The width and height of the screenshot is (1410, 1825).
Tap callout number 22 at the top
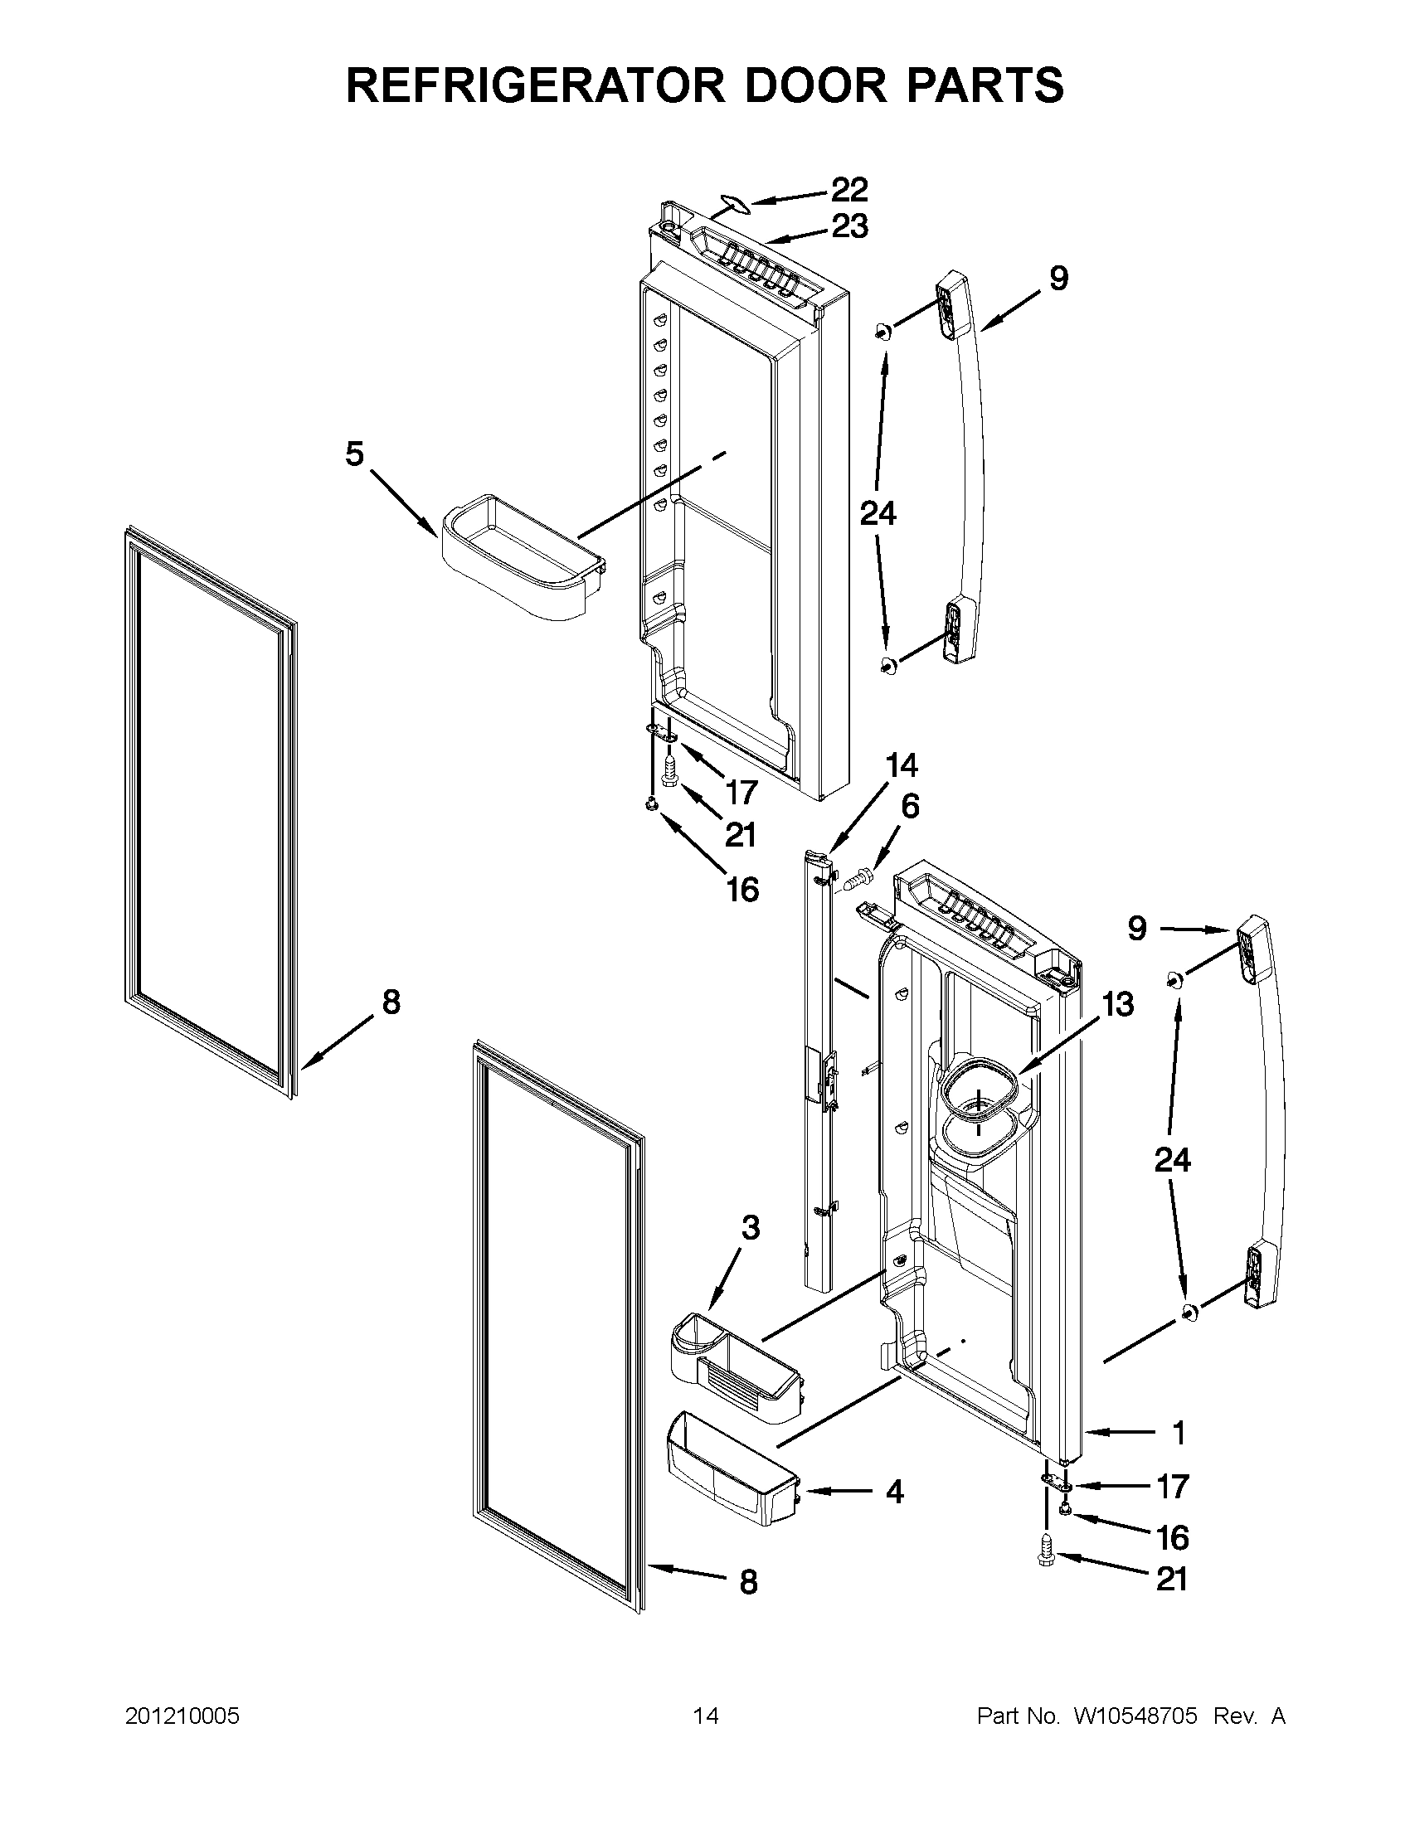(849, 190)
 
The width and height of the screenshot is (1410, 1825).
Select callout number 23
(849, 226)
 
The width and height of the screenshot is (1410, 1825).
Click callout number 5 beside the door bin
(355, 454)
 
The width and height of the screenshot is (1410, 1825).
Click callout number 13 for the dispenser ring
(1117, 1003)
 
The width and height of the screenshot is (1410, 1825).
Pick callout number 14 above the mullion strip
(902, 765)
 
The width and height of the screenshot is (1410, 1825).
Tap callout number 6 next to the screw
(909, 807)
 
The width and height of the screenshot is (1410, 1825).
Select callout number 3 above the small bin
(751, 1227)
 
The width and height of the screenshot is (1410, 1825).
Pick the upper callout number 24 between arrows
(878, 513)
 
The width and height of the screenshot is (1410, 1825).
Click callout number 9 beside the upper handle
(1058, 279)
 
